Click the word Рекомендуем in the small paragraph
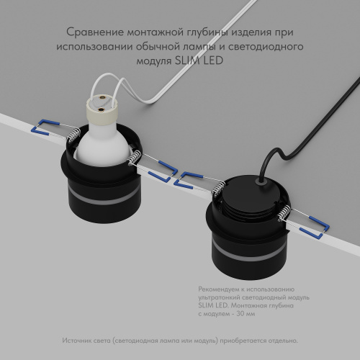(216, 289)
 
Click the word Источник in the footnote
(78, 340)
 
